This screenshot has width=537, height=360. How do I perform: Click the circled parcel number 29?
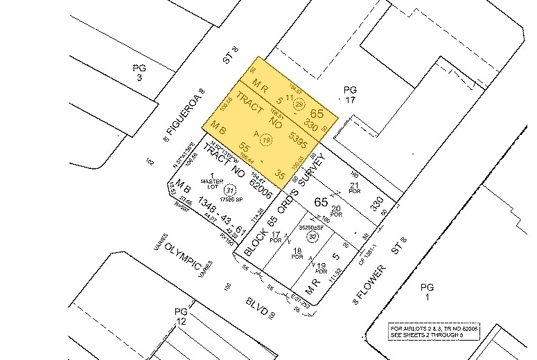[300, 105]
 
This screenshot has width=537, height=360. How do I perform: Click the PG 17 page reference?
[350, 95]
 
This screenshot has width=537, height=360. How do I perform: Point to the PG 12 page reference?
[180, 318]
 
